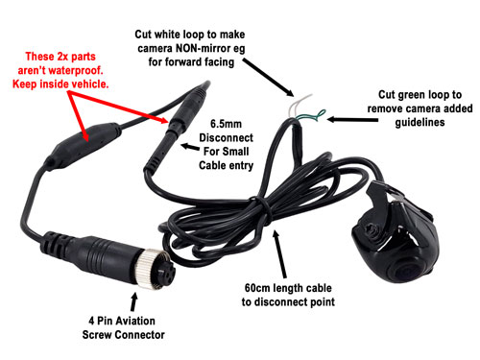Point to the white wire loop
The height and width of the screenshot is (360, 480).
(x=300, y=103)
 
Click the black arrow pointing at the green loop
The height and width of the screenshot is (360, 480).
(x=335, y=119)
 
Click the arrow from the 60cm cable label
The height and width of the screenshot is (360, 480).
(x=278, y=249)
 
